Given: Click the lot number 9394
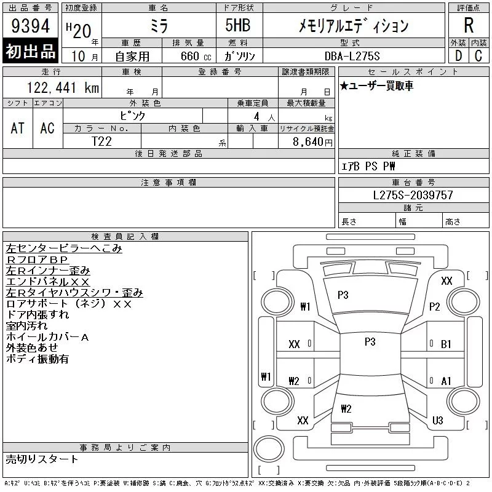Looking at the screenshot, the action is coord(30,26).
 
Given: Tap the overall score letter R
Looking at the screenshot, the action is coord(469,25).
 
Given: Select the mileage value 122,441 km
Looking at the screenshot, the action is coord(63,87).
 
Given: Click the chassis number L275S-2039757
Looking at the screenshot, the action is coord(413,195).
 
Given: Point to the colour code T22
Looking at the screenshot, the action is coord(101,141).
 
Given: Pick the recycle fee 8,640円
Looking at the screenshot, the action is coord(312,142).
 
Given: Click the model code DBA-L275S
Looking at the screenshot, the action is coord(352,56).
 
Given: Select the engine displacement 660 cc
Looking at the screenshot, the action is coord(196,56).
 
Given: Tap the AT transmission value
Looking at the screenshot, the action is coord(17,128).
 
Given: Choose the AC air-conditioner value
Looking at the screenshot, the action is coord(47,128).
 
